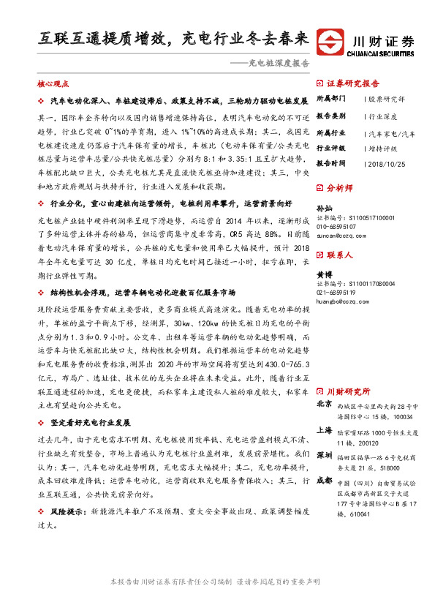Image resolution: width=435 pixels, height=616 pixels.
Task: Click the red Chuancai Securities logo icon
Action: point(337,42)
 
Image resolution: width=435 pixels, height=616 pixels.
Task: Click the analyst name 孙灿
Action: point(323,208)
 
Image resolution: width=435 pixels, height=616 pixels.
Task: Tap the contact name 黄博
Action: point(323,274)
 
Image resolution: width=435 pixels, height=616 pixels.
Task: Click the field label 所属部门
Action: point(330,98)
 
